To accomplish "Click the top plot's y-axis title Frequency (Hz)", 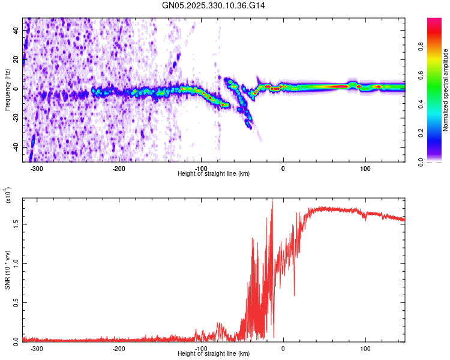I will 7,90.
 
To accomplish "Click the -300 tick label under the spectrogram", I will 37,169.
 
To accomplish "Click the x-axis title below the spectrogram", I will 214,174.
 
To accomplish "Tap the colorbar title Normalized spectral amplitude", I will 445,90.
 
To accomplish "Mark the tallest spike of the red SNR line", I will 272,200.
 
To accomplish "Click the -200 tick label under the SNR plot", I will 119,349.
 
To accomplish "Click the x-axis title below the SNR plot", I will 214,354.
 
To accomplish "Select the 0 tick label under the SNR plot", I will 283,349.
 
